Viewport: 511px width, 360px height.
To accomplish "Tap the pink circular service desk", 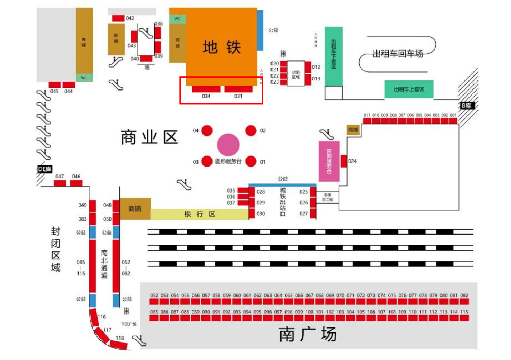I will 228,145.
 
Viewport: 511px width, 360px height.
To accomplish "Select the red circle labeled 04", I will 207,131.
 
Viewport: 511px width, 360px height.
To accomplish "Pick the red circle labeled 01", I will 251,161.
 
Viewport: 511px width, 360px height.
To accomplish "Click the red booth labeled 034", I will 206,89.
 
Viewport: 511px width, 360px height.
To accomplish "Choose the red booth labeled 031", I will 238,89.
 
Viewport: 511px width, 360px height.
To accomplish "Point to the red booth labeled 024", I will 344,161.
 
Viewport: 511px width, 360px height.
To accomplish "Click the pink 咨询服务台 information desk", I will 329,161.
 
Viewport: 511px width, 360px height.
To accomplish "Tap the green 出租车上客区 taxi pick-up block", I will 409,89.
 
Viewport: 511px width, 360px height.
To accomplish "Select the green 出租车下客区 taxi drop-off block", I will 334,56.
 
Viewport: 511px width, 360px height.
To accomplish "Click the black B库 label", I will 467,106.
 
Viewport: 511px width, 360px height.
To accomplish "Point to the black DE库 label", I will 45,169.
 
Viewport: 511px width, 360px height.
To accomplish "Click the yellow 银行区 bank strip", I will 199,214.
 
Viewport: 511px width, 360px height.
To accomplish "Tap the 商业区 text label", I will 149,138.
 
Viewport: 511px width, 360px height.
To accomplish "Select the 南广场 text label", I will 307,334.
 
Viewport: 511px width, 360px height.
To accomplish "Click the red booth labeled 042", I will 118,18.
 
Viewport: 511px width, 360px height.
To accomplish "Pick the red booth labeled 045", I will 55,85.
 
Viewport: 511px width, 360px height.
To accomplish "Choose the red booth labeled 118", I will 118,344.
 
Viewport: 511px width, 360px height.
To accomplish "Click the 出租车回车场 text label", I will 397,54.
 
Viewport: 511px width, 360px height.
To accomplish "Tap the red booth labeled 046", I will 76,183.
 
